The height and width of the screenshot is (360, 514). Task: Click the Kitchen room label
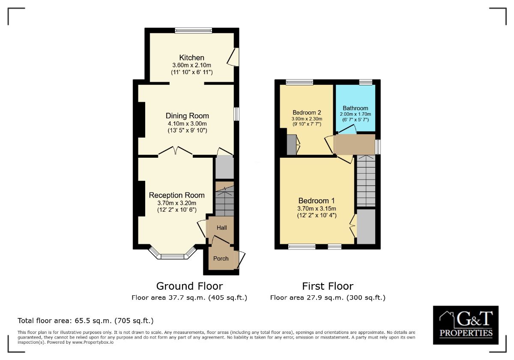pyautogui.click(x=191, y=57)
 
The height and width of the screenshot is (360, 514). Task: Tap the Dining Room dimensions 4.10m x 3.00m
pyautogui.click(x=187, y=123)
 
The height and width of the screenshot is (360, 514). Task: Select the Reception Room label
pyautogui.click(x=176, y=195)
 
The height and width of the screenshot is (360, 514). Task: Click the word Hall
pyautogui.click(x=222, y=228)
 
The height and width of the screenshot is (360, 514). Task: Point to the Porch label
pyautogui.click(x=221, y=258)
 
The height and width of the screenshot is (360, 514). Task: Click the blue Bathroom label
pyautogui.click(x=356, y=108)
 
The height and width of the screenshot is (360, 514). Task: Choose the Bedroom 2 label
pyautogui.click(x=307, y=112)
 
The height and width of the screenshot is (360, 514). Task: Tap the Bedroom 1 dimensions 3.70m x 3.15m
pyautogui.click(x=317, y=208)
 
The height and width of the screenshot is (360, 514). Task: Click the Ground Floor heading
pyautogui.click(x=189, y=286)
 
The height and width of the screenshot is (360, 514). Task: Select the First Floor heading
pyautogui.click(x=328, y=286)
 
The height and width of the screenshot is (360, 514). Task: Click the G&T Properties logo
pyautogui.click(x=466, y=325)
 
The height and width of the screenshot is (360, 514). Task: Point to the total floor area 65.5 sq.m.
pyautogui.click(x=86, y=321)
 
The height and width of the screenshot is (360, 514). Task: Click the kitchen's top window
pyautogui.click(x=194, y=30)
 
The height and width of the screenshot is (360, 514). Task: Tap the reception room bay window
pyautogui.click(x=172, y=255)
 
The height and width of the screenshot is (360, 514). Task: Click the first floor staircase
pyautogui.click(x=366, y=181)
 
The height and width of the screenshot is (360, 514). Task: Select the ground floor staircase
pyautogui.click(x=224, y=199)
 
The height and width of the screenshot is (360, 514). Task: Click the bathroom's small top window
pyautogui.click(x=366, y=82)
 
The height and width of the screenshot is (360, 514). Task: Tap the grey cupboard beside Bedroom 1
pyautogui.click(x=366, y=227)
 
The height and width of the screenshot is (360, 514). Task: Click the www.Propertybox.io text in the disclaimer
pyautogui.click(x=93, y=342)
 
